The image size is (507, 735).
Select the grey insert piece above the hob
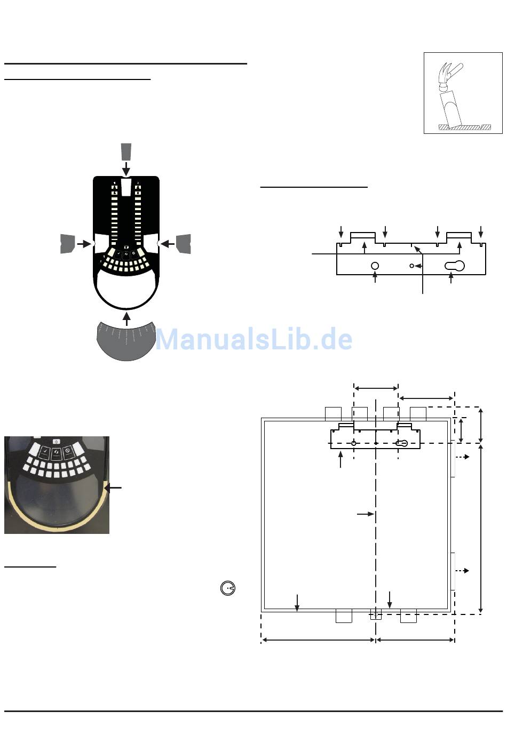[126, 152]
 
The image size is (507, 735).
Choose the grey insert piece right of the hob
[184, 243]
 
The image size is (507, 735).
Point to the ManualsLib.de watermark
[253, 339]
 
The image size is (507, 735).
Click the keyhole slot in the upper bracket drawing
[454, 265]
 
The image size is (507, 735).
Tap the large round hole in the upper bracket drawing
[375, 266]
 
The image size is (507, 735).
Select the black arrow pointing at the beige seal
[114, 488]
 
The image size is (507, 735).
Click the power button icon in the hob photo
[57, 441]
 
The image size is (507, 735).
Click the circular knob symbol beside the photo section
[228, 588]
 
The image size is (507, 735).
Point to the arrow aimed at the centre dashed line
[366, 514]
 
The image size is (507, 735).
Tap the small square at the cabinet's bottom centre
[376, 615]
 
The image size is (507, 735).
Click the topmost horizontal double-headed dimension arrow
[376, 388]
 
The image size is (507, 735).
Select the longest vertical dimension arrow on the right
[481, 528]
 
